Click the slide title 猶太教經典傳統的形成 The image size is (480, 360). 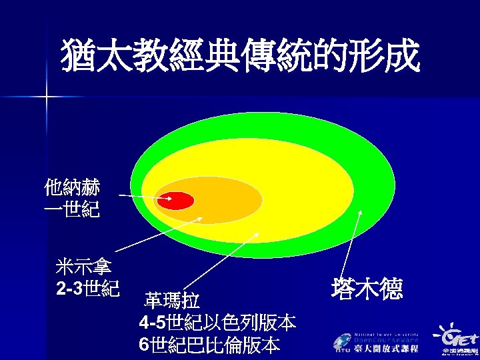tap(240, 55)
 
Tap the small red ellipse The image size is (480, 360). tap(177, 200)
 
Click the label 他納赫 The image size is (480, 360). tap(72, 186)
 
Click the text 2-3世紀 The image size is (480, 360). tap(88, 289)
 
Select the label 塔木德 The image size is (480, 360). tap(363, 288)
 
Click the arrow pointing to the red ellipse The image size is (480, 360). tap(141, 196)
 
